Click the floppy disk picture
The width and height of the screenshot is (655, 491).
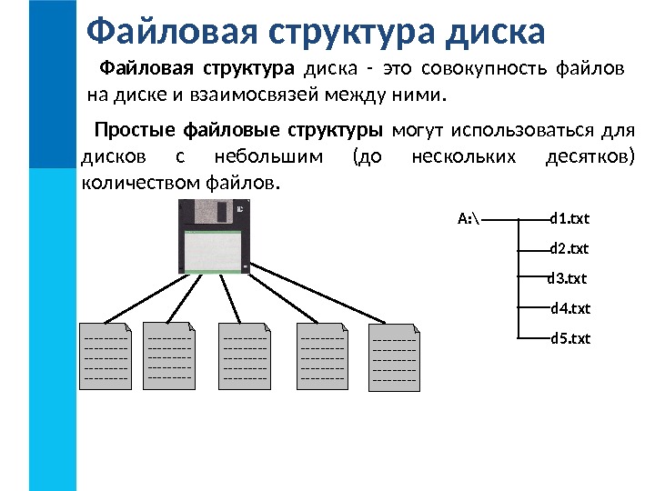point(213,235)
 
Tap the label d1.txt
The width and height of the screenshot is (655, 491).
point(570,219)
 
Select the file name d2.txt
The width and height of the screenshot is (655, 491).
point(570,248)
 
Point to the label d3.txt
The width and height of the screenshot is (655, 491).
point(567,278)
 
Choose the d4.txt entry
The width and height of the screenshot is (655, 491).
point(570,308)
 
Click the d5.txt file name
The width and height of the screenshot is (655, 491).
point(570,339)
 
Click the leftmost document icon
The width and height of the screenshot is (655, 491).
point(106,356)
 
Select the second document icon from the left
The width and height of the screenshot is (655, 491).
point(170,356)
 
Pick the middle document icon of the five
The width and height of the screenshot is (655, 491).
point(245,356)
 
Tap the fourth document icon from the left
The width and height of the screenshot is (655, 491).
point(322,356)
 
